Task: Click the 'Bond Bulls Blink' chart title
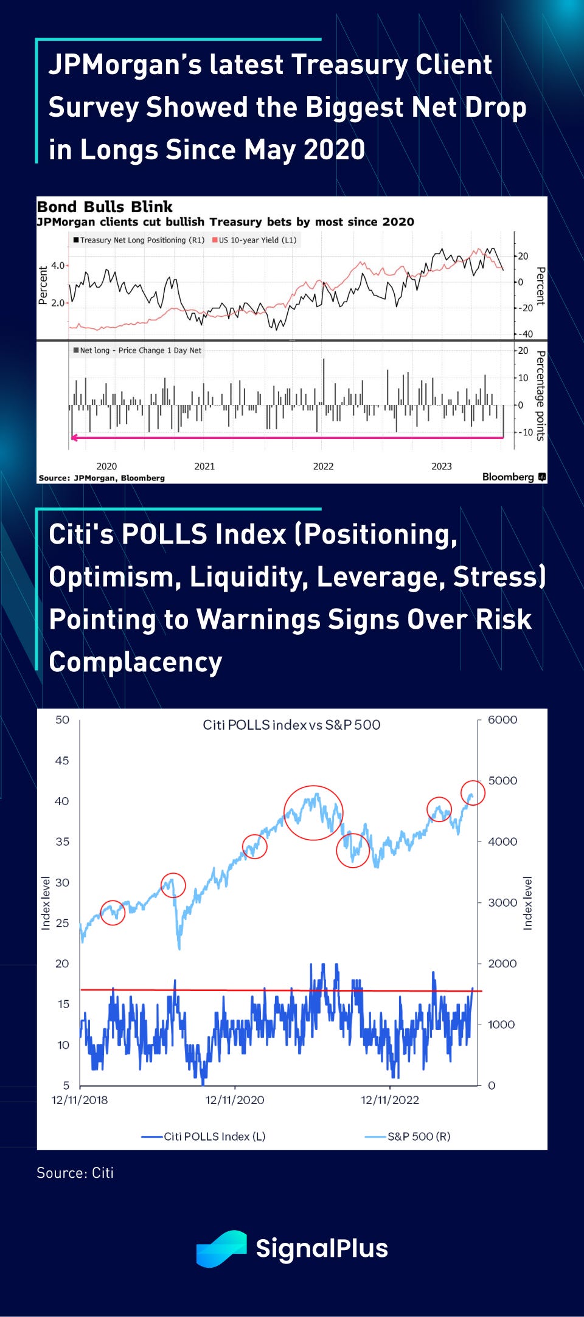[x=105, y=207]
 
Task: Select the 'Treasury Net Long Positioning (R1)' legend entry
[x=139, y=240]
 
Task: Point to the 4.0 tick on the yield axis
[x=58, y=266]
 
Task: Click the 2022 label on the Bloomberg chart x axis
[x=323, y=466]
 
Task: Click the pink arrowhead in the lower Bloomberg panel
[x=74, y=437]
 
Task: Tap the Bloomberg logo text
[x=508, y=477]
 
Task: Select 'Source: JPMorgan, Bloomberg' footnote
[x=102, y=478]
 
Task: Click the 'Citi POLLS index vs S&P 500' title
[x=291, y=725]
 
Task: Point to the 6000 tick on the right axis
[x=502, y=720]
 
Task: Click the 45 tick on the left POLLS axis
[x=62, y=761]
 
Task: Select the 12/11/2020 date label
[x=235, y=1100]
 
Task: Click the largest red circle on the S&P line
[x=313, y=813]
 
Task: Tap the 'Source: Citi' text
[x=75, y=1173]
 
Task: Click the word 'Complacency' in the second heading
[x=136, y=662]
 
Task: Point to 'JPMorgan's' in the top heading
[x=124, y=65]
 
